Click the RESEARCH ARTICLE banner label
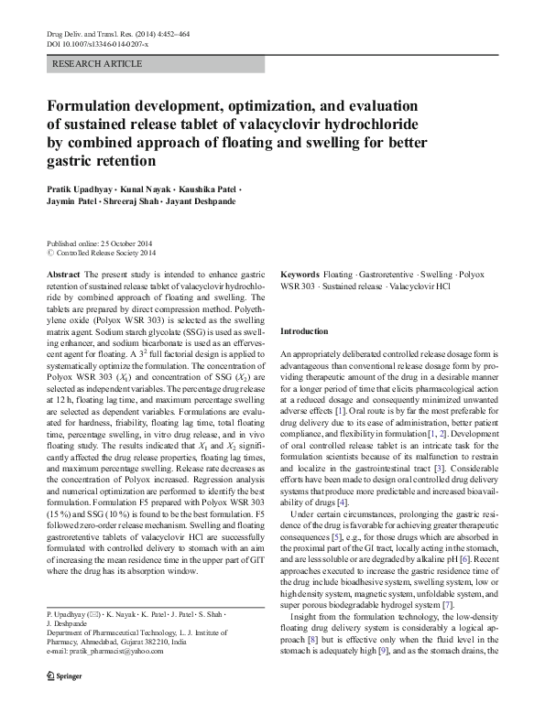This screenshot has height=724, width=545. tap(98, 64)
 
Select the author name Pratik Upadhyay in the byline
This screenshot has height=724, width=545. tap(79, 189)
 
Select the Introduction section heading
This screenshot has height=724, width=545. tap(303, 330)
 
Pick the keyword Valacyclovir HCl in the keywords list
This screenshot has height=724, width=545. tap(419, 286)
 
